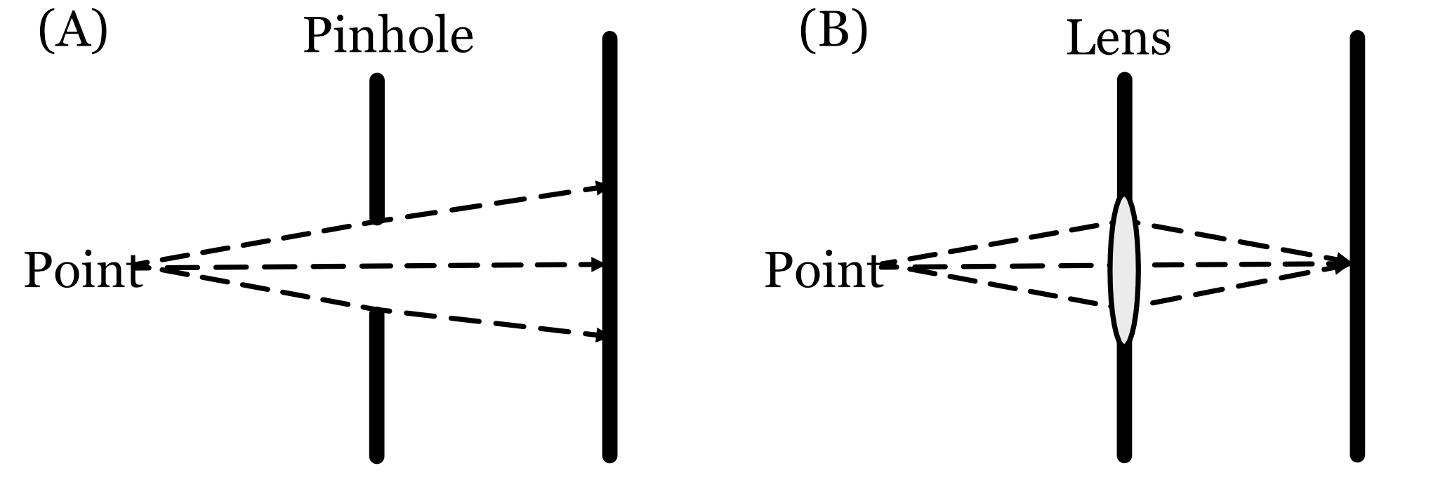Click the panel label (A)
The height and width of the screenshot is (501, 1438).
(73, 32)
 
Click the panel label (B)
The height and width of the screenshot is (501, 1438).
(833, 32)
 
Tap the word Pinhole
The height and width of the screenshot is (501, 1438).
(388, 36)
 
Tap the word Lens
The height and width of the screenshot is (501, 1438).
(1118, 39)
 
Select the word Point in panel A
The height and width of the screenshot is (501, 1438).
(83, 270)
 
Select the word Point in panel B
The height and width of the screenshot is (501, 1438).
(823, 270)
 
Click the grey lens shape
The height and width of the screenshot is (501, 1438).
(1123, 270)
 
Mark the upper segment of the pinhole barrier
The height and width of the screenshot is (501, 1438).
(377, 147)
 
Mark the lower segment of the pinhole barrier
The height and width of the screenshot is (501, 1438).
(377, 386)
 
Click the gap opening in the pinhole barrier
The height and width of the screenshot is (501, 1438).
(377, 265)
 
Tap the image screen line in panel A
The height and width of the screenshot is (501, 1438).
(609, 407)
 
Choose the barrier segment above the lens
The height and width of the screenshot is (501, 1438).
(1124, 133)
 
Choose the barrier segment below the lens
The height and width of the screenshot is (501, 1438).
(1124, 403)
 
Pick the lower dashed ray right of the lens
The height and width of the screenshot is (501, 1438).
(1236, 288)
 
